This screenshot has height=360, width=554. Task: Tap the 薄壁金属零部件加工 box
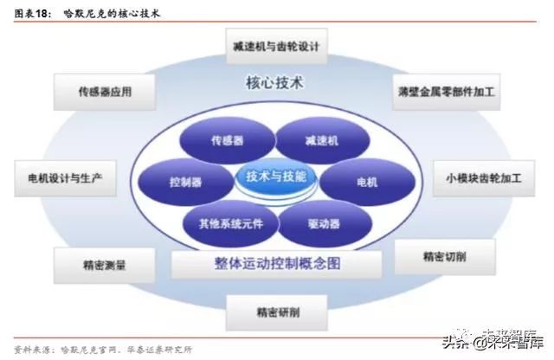click(447, 89)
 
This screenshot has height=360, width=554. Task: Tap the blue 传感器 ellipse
click(227, 138)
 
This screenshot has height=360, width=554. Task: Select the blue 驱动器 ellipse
click(320, 222)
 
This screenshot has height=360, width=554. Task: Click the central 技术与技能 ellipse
click(275, 177)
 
